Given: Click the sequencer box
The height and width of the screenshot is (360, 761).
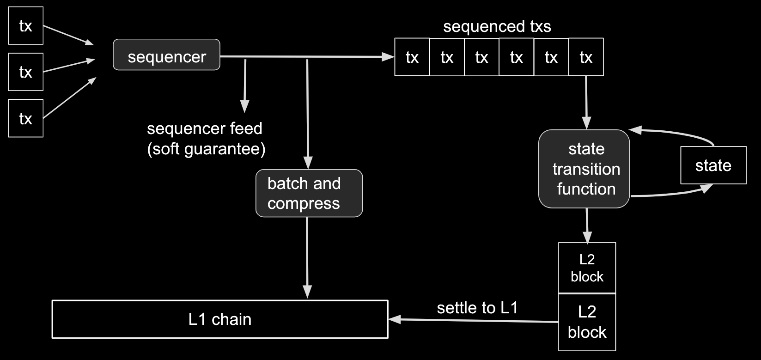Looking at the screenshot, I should coord(166,55).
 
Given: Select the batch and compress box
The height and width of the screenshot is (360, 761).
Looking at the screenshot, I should coord(309,193).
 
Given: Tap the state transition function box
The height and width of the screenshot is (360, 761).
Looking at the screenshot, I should coord(584,169).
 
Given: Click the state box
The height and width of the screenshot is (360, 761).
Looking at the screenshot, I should coord(713,165).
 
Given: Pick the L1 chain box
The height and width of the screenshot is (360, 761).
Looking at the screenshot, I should coord(220,319).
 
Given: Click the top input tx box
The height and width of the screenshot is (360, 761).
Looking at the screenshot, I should coord(26,26).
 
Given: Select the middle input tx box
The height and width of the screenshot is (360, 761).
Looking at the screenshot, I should coord(26,72).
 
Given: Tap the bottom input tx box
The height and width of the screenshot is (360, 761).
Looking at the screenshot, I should coord(26,118).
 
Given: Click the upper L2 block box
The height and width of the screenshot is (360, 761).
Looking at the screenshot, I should coord(587,268).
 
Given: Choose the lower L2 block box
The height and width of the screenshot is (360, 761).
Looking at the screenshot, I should coord(587,322).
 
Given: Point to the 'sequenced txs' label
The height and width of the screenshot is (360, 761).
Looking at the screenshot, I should coord(497,26).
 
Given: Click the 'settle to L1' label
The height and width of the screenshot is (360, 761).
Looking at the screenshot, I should coord(477,308).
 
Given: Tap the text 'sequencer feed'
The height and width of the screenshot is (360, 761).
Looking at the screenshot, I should coord(204,128).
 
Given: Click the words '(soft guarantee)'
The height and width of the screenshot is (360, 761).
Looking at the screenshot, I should coord(206,149).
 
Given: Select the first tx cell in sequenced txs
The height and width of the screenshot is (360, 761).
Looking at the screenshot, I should coord(412,57).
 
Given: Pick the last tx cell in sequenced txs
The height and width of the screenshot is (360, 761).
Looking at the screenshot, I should coord(586,57).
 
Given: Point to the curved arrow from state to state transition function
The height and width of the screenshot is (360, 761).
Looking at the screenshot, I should coord(675,134).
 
